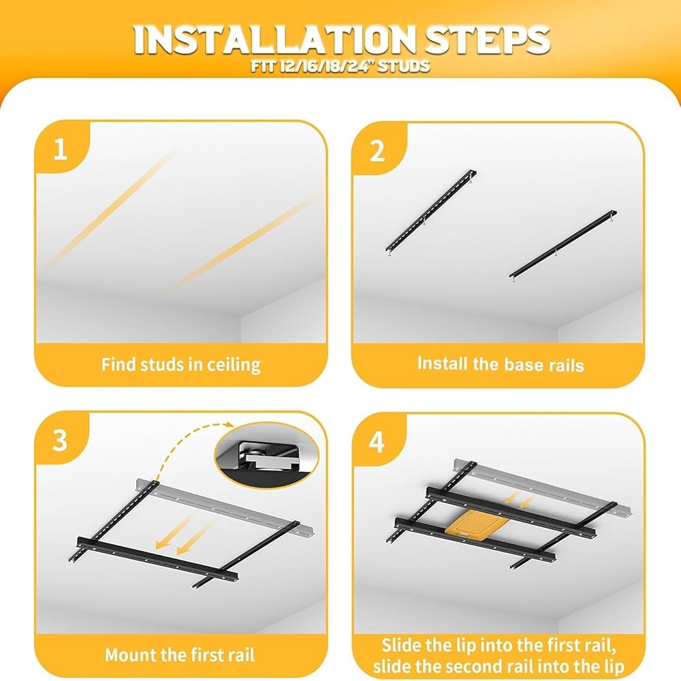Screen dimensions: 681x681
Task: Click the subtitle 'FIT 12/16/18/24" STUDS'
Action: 340,66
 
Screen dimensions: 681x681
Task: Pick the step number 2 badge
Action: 377,151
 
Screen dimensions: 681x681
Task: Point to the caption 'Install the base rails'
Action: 501,364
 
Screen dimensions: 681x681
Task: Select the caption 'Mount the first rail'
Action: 180,654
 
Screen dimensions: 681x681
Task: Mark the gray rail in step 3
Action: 226,506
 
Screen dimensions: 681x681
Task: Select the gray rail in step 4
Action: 543,487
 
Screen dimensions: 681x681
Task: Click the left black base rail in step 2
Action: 430,212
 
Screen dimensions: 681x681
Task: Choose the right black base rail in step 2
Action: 563,244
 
